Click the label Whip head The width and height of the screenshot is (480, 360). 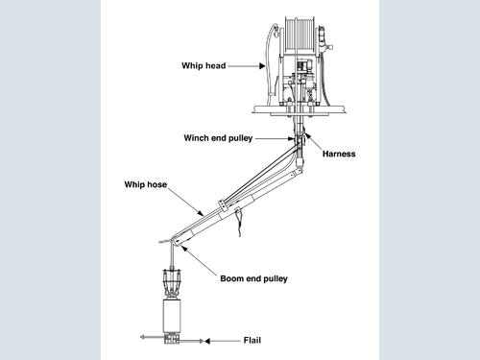click(x=204, y=65)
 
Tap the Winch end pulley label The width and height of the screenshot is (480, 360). click(x=218, y=138)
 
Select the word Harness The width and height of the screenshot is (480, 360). click(x=339, y=154)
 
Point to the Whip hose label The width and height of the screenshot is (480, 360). click(x=146, y=184)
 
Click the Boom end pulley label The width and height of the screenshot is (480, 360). click(x=253, y=278)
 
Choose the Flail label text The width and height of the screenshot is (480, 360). click(x=252, y=340)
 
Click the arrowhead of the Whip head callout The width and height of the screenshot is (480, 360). click(x=262, y=65)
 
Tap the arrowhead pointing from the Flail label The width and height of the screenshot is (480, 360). click(x=207, y=341)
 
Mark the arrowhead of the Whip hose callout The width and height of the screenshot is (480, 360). click(x=201, y=213)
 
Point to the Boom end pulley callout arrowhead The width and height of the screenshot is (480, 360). click(x=184, y=249)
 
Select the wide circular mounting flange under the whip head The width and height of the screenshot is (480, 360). click(x=300, y=110)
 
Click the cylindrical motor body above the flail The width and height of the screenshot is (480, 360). click(x=172, y=316)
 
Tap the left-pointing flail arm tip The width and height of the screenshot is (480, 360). click(x=142, y=337)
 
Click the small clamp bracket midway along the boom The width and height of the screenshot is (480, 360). click(x=223, y=205)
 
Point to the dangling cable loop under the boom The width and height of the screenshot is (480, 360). click(x=239, y=223)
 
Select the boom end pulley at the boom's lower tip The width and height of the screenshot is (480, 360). click(x=176, y=242)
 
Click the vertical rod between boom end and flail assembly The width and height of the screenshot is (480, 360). click(x=172, y=256)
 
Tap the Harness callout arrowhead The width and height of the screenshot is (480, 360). click(x=307, y=135)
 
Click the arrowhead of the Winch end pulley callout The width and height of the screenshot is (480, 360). click(x=291, y=138)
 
